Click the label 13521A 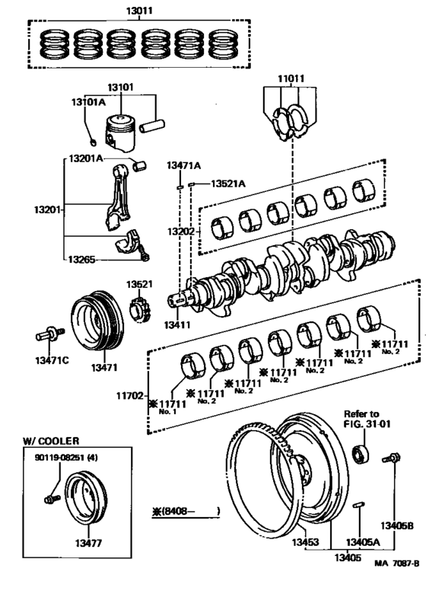[x=228, y=184]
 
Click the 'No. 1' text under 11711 [x=168, y=411]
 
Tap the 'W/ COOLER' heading [x=51, y=440]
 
